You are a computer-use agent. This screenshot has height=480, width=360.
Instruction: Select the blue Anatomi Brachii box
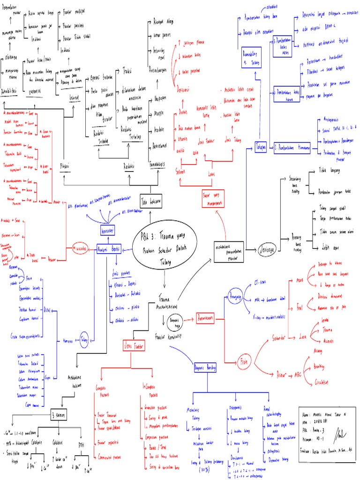pyautogui.click(x=109, y=248)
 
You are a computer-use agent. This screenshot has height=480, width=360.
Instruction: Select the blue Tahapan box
pyautogui.click(x=261, y=148)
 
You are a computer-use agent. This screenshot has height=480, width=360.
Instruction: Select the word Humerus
pyautogui.click(x=67, y=341)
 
